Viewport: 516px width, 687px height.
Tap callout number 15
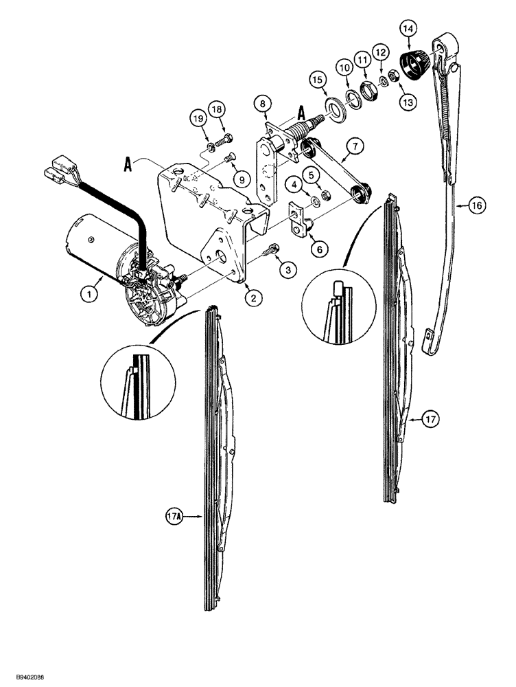point(316,80)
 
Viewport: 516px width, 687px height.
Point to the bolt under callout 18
point(223,143)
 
